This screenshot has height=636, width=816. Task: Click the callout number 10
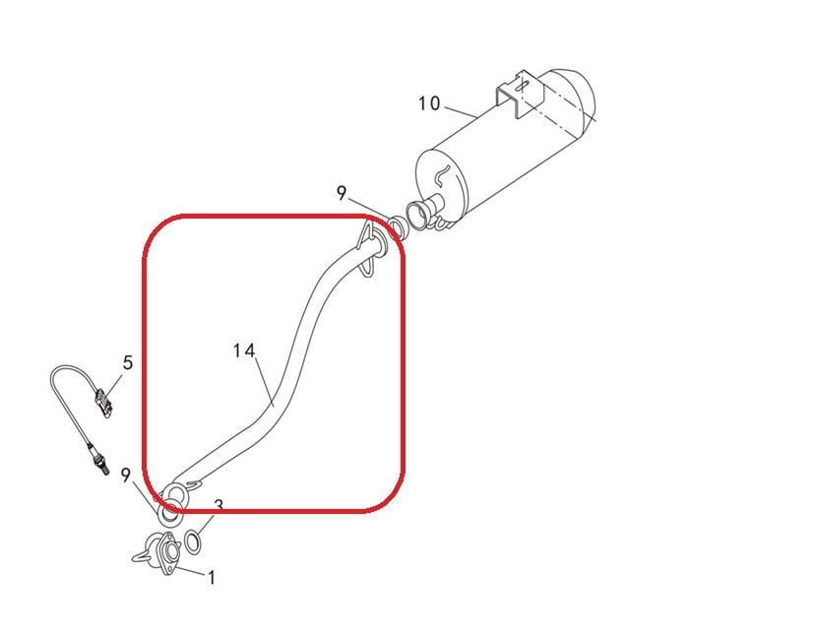click(429, 104)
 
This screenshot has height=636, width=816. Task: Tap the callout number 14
click(244, 350)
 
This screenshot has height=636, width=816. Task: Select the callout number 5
click(128, 363)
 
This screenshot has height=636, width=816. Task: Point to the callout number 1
click(211, 578)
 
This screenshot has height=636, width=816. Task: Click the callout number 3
click(219, 506)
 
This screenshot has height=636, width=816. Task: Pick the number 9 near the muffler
click(342, 193)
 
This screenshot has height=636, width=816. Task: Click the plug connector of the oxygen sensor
click(100, 402)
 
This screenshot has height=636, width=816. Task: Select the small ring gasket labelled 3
click(194, 541)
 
